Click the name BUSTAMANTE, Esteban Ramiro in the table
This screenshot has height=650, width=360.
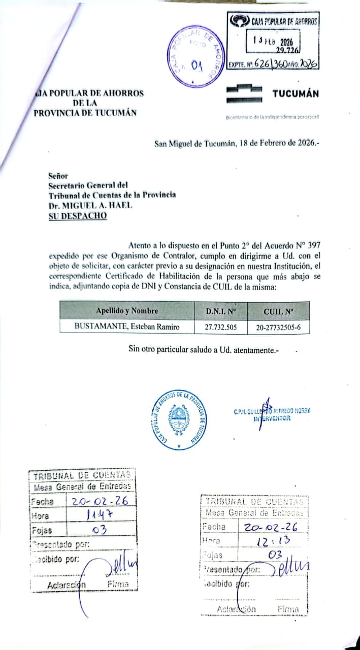pos(127,327)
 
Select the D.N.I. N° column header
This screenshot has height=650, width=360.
pos(221,311)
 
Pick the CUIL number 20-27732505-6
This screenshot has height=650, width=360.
pos(278,327)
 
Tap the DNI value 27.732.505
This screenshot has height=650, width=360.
pos(221,327)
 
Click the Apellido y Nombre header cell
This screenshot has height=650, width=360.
pos(127,311)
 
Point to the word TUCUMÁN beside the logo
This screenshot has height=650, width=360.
pos(296,94)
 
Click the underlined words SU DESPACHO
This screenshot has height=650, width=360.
pos(78,215)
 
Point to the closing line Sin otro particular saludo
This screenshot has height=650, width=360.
pos(204,350)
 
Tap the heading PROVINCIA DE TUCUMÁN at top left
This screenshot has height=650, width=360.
pos(85,113)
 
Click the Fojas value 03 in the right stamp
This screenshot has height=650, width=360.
pos(275,556)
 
